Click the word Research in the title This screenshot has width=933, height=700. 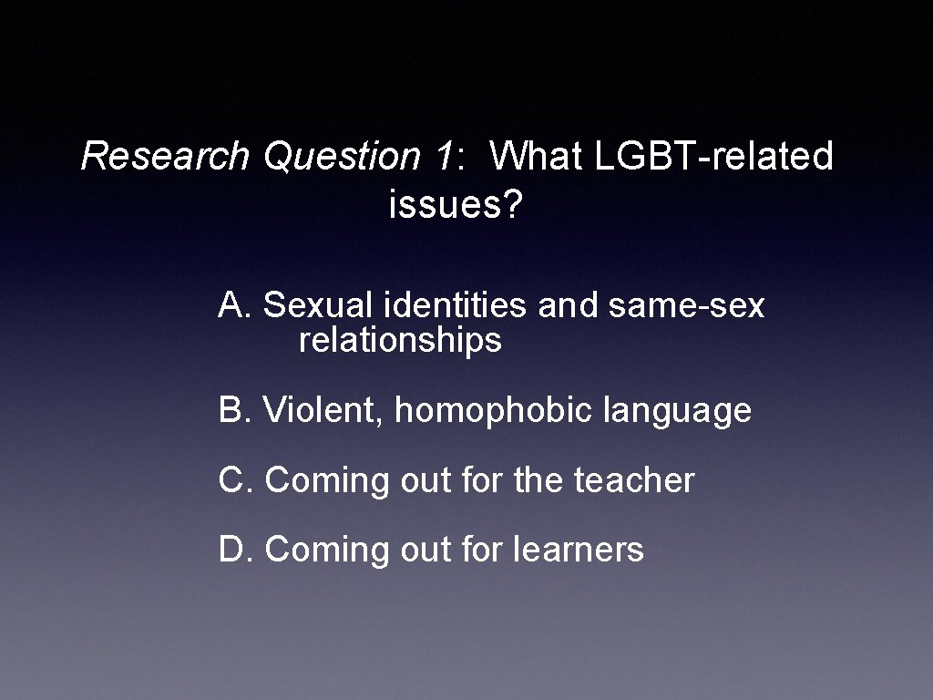pyautogui.click(x=164, y=156)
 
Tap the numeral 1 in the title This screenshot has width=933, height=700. pyautogui.click(x=442, y=156)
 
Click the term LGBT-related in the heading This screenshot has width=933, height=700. pyautogui.click(x=713, y=156)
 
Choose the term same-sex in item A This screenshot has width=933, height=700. pyautogui.click(x=686, y=305)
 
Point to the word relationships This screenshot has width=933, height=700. pyautogui.click(x=400, y=341)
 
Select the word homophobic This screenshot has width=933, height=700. pyautogui.click(x=493, y=411)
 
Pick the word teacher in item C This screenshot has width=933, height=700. pyautogui.click(x=634, y=479)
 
